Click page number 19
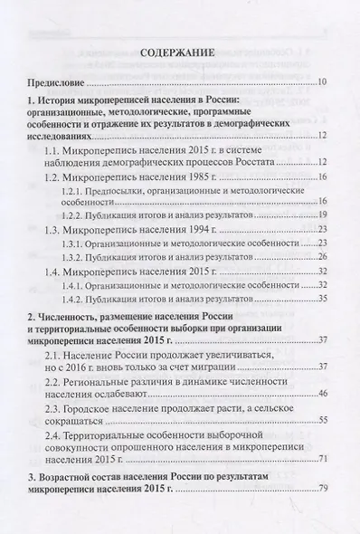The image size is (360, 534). pyautogui.click(x=323, y=216)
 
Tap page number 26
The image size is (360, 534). pyautogui.click(x=323, y=257)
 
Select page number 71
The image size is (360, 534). pyautogui.click(x=323, y=486)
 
